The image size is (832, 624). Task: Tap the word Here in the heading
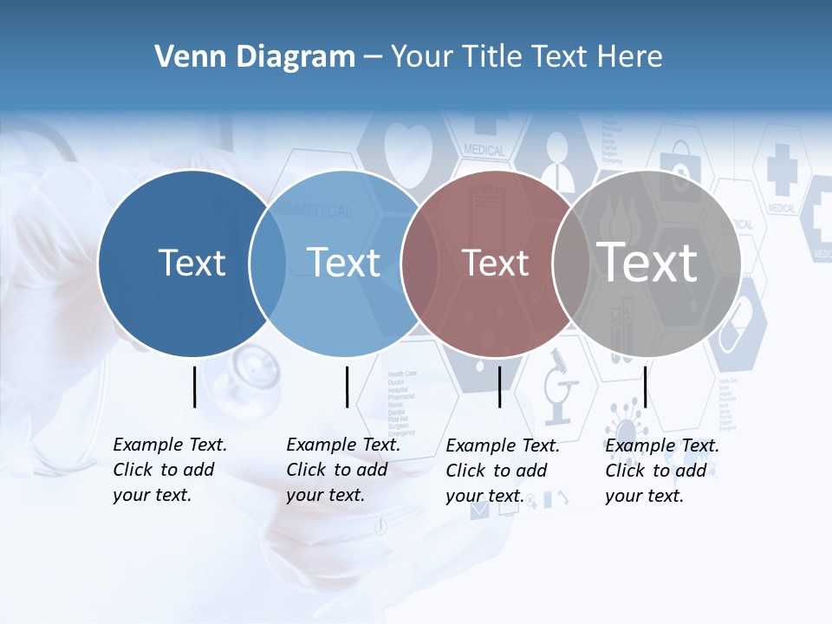click(x=630, y=57)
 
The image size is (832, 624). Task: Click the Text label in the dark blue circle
click(x=192, y=263)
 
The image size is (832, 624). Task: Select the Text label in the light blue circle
click(x=343, y=263)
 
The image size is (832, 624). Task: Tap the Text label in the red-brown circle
click(x=495, y=263)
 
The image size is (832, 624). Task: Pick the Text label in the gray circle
click(x=647, y=262)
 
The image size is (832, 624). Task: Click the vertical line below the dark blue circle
click(x=194, y=387)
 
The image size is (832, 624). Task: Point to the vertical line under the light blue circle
click(x=347, y=387)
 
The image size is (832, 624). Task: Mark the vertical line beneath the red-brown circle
click(x=499, y=387)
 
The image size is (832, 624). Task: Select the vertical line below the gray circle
click(x=645, y=387)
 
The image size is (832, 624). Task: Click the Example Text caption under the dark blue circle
click(x=170, y=470)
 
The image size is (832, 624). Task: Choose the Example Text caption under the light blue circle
click(x=343, y=470)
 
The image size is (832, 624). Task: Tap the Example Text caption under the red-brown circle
click(x=503, y=471)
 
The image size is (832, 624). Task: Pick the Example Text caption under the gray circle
click(x=662, y=471)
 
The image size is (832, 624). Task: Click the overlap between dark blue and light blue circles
click(x=268, y=263)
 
